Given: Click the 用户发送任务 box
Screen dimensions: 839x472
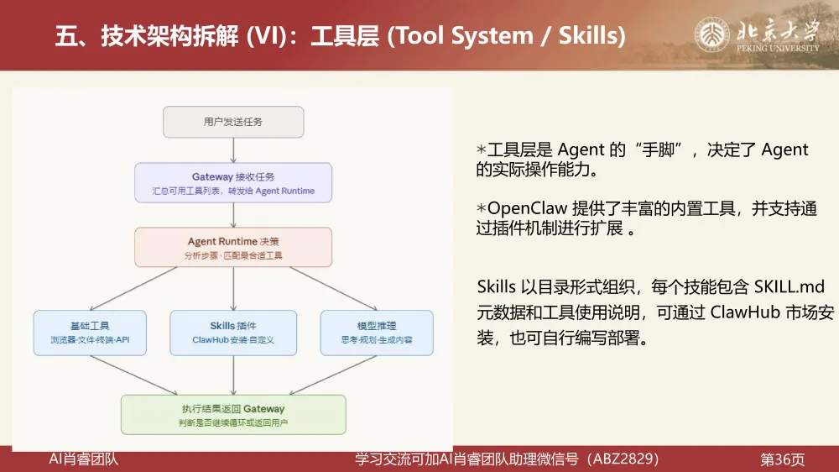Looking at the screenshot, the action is [233, 122].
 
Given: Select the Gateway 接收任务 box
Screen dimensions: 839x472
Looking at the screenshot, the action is [233, 183].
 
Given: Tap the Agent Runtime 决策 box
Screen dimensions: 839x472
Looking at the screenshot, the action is [233, 247].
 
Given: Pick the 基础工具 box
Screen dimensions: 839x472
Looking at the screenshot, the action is [90, 332].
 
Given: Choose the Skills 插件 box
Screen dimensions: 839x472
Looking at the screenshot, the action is [233, 332].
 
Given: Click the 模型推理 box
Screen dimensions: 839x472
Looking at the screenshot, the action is [377, 332].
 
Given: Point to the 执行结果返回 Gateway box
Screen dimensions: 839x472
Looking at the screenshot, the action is [233, 415].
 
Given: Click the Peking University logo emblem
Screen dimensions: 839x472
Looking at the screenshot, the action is [711, 35].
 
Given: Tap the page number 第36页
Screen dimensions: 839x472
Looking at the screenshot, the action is [782, 459].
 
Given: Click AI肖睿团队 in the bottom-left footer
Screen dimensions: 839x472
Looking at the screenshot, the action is [84, 459].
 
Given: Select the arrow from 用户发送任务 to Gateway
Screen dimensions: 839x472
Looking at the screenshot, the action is [233, 150].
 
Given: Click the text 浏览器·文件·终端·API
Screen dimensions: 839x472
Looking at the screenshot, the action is [90, 340].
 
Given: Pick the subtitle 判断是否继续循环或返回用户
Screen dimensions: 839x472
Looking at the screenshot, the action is [233, 422].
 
